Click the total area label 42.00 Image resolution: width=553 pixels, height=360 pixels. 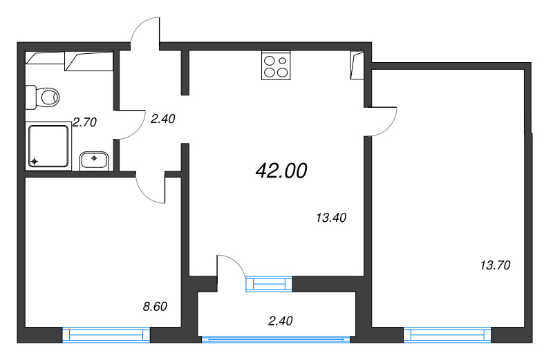click(x=281, y=171)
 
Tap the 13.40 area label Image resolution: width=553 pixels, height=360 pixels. click(x=330, y=218)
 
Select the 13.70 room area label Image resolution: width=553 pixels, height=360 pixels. click(x=494, y=264)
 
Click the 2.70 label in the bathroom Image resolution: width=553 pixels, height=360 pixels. click(x=84, y=122)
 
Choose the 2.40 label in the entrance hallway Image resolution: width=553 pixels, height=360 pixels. click(x=162, y=118)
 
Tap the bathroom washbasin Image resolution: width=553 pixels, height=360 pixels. click(x=94, y=161)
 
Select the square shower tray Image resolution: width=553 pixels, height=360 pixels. click(x=48, y=146)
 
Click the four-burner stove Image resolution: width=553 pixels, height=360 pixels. click(x=275, y=66)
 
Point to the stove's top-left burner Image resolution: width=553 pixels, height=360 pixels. click(x=269, y=59)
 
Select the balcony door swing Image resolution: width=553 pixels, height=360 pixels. click(x=232, y=268)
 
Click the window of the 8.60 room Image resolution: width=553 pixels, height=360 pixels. click(x=106, y=335)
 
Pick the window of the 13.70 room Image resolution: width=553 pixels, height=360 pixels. click(x=447, y=335)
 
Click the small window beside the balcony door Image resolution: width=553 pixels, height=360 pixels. click(x=269, y=283)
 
